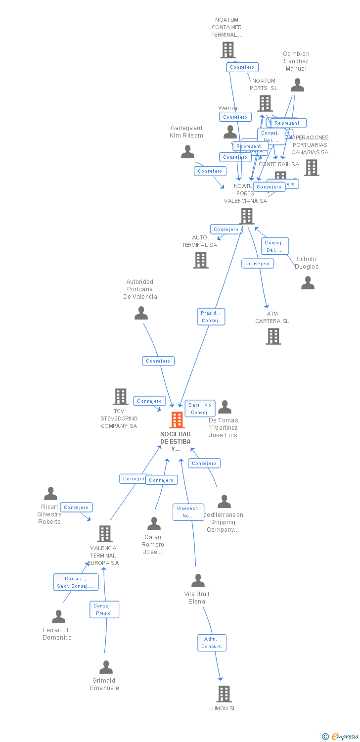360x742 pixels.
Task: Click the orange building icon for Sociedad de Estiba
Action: [177, 420]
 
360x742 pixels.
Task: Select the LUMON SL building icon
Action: [224, 694]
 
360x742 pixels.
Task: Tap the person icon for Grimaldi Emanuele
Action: [106, 667]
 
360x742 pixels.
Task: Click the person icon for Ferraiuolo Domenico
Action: [58, 617]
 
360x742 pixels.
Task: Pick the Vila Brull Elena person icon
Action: [198, 581]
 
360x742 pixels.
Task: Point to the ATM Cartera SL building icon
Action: [273, 336]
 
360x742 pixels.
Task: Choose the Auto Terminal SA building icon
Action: [200, 260]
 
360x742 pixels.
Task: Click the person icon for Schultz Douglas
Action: [308, 283]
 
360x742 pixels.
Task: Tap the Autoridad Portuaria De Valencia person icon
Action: [141, 313]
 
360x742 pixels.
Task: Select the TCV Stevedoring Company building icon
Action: [120, 397]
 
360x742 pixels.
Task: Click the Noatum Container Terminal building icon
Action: [227, 50]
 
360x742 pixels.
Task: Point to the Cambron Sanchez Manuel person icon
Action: [297, 85]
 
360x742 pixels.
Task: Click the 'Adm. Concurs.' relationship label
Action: [212, 643]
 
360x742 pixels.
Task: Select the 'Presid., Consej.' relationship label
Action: [211, 317]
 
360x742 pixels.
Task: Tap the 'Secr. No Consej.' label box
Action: [200, 409]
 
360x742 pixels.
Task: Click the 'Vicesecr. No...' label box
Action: [188, 512]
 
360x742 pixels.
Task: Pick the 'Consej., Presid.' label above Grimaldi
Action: [104, 609]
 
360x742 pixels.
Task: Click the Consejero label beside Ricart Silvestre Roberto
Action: [76, 507]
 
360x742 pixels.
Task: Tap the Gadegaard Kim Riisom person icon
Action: [187, 152]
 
